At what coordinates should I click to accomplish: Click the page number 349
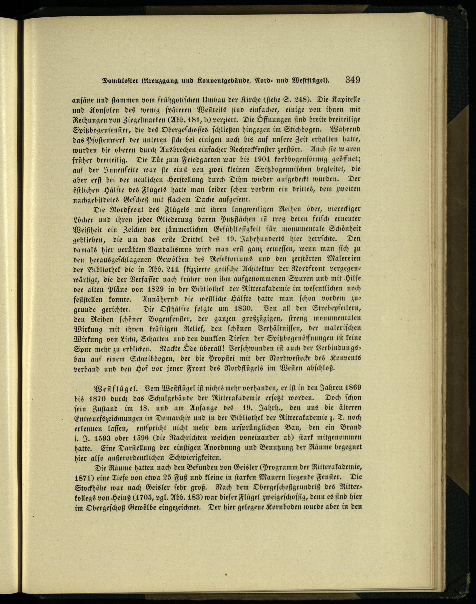tap(352, 80)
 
